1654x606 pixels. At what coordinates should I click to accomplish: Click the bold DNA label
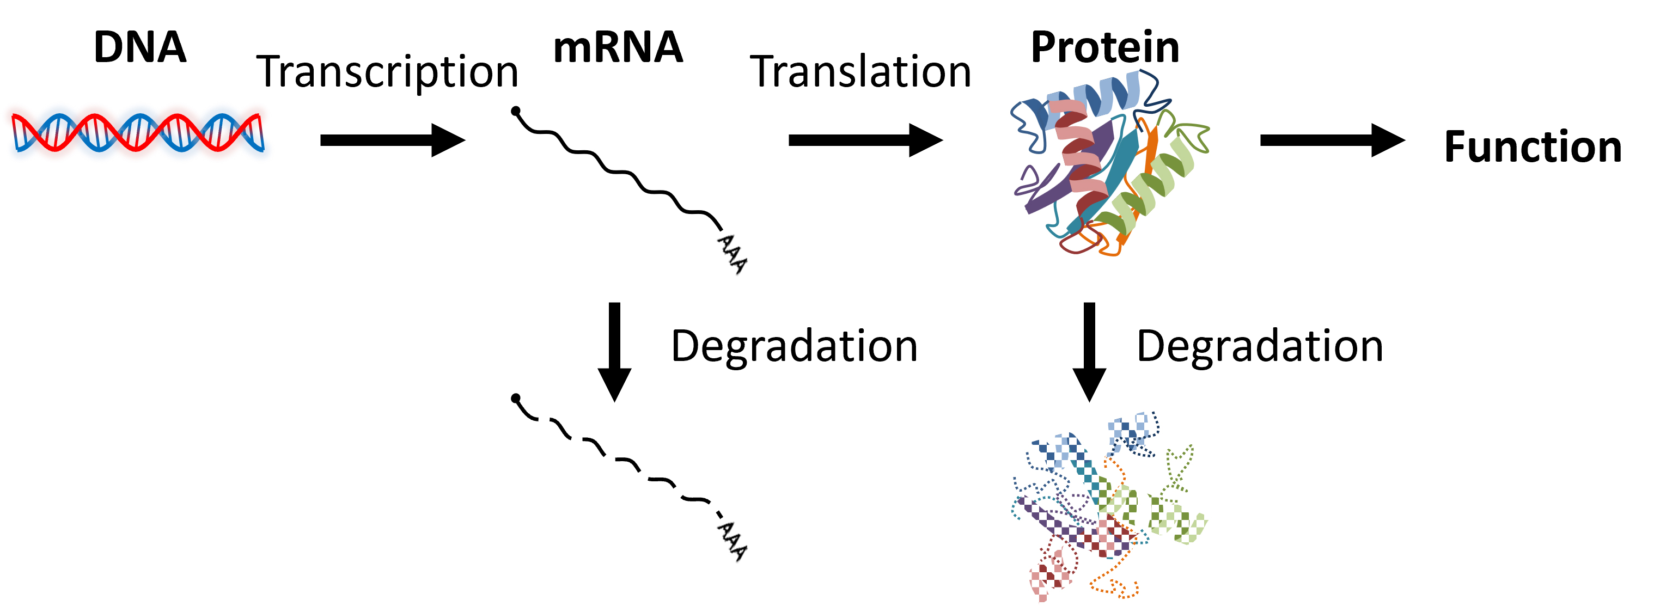140,47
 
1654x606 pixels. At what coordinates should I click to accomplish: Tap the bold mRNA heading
618,47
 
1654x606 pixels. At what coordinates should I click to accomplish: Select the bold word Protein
1105,47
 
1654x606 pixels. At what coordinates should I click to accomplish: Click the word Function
1533,147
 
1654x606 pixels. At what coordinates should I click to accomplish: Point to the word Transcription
387,72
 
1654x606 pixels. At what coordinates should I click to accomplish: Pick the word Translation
860,72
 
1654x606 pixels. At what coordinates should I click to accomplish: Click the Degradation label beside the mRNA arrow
794,347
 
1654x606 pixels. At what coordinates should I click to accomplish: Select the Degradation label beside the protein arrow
1260,347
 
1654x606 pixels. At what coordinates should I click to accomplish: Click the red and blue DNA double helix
137,133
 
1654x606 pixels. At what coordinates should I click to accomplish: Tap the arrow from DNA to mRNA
392,140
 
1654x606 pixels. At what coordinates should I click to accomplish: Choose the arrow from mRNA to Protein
865,140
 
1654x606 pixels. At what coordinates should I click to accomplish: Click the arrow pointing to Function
1332,140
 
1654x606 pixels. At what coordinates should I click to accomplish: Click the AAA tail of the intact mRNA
732,254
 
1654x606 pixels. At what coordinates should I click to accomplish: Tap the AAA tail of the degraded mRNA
732,541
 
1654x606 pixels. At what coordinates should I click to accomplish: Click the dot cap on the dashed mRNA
516,399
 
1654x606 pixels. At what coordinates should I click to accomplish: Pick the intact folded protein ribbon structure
1108,164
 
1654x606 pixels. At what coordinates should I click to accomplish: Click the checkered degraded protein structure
1108,507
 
